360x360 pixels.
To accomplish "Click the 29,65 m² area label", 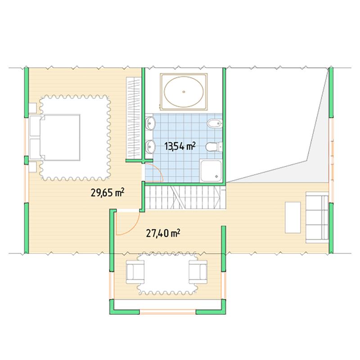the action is coord(108,193).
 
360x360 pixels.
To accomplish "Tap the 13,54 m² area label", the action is coord(180,146).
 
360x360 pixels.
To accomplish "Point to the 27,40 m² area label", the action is coord(163,234).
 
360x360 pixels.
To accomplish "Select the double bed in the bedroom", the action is coord(54,137).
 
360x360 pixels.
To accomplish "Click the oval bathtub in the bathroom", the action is coord(184,92).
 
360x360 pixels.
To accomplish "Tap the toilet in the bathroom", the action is coord(214,147).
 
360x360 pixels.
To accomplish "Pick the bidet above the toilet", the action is coord(215,123).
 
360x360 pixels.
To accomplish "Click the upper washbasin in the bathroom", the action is coord(150,123).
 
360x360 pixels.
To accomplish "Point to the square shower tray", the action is coord(211,171).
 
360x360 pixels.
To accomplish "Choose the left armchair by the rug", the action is coord(135,272).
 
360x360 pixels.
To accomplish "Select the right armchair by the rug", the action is coord(198,272).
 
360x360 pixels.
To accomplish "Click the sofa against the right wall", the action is coord(317,217).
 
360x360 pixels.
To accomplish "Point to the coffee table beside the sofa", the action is coord(293,217).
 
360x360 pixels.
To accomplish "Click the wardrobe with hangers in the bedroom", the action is coord(133,118).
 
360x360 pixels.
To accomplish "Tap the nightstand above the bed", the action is coord(32,108).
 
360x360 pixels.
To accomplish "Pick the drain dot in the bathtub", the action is coord(184,92).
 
